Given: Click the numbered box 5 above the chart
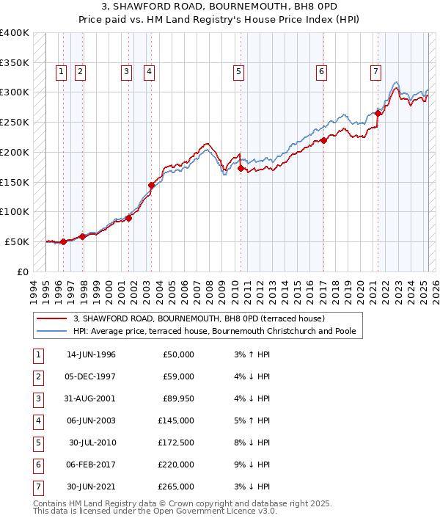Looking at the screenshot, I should (x=239, y=71).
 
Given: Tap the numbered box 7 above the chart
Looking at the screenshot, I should (x=375, y=71).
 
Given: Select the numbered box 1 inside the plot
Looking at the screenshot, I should (x=60, y=71).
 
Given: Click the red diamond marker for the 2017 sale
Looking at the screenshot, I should (x=323, y=140).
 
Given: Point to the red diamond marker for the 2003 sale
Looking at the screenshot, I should (x=151, y=185).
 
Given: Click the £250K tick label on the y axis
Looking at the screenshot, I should (x=15, y=122).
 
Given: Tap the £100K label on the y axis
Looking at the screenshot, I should (x=15, y=211).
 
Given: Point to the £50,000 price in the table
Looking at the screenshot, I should (x=179, y=354).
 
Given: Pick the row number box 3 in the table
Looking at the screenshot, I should (x=37, y=398).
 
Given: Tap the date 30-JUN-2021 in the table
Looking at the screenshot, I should (x=91, y=487).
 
